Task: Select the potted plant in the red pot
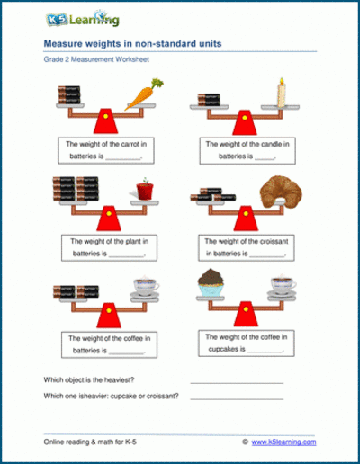pos(140,190)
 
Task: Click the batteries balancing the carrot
pos(73,93)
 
